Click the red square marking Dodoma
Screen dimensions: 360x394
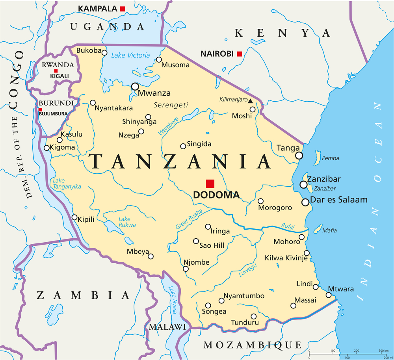(210, 184)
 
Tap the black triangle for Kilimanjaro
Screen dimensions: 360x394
(250, 101)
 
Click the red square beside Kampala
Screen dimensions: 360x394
(123, 9)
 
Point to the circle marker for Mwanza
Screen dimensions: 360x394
(136, 86)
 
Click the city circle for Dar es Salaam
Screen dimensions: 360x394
(305, 202)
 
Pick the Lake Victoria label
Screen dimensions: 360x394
(130, 56)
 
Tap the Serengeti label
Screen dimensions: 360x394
(171, 105)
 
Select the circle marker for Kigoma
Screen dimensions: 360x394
(47, 148)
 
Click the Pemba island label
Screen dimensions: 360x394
(330, 158)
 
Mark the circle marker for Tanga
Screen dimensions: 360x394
(299, 156)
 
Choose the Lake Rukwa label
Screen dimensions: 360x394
(127, 222)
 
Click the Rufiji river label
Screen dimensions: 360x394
(288, 226)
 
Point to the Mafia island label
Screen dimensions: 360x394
(329, 231)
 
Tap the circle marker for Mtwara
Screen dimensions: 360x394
(329, 295)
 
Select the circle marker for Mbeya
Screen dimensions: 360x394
(151, 256)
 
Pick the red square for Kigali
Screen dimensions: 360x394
(56, 71)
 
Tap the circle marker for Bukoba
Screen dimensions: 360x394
(104, 52)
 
